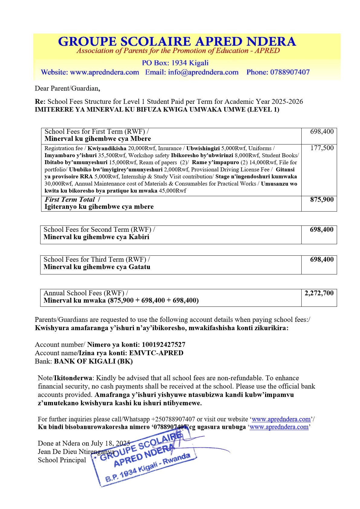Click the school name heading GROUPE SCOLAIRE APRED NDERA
[x=177, y=41]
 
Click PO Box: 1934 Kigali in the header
[x=175, y=63]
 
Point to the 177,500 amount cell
[x=322, y=148]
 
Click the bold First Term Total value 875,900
[x=322, y=199]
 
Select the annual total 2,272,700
[x=319, y=293]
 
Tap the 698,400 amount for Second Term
[x=322, y=230]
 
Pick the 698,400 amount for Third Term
[x=322, y=260]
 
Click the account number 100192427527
[x=164, y=345]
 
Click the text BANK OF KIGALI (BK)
[x=93, y=361]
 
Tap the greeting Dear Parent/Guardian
[x=67, y=88]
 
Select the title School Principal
[x=62, y=460]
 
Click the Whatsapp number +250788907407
[x=173, y=419]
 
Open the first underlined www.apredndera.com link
[x=281, y=419]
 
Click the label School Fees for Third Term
[x=95, y=260]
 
